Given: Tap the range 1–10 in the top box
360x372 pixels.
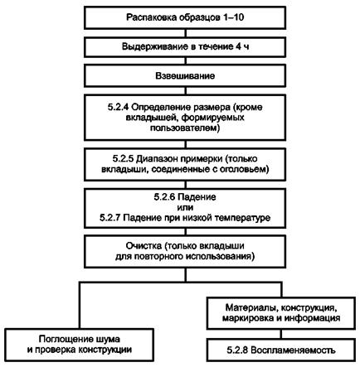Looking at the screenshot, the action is [233, 17].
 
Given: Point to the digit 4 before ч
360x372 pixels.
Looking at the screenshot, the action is [238, 46].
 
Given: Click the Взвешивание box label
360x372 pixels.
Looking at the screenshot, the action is [185, 76].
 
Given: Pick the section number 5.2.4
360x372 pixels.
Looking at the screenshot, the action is [118, 107].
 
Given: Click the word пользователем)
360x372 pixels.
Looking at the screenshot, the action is [185, 128].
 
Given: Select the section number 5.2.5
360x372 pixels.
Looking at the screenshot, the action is [123, 158].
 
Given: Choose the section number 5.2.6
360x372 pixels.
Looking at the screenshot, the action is [164, 197].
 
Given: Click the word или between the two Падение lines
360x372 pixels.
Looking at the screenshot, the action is [185, 207].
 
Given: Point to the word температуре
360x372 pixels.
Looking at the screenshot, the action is [242, 218].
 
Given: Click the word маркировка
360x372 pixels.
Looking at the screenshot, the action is [248, 318].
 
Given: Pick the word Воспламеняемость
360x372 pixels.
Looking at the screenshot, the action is [293, 350].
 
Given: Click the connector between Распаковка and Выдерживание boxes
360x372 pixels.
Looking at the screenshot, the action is [185, 33].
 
